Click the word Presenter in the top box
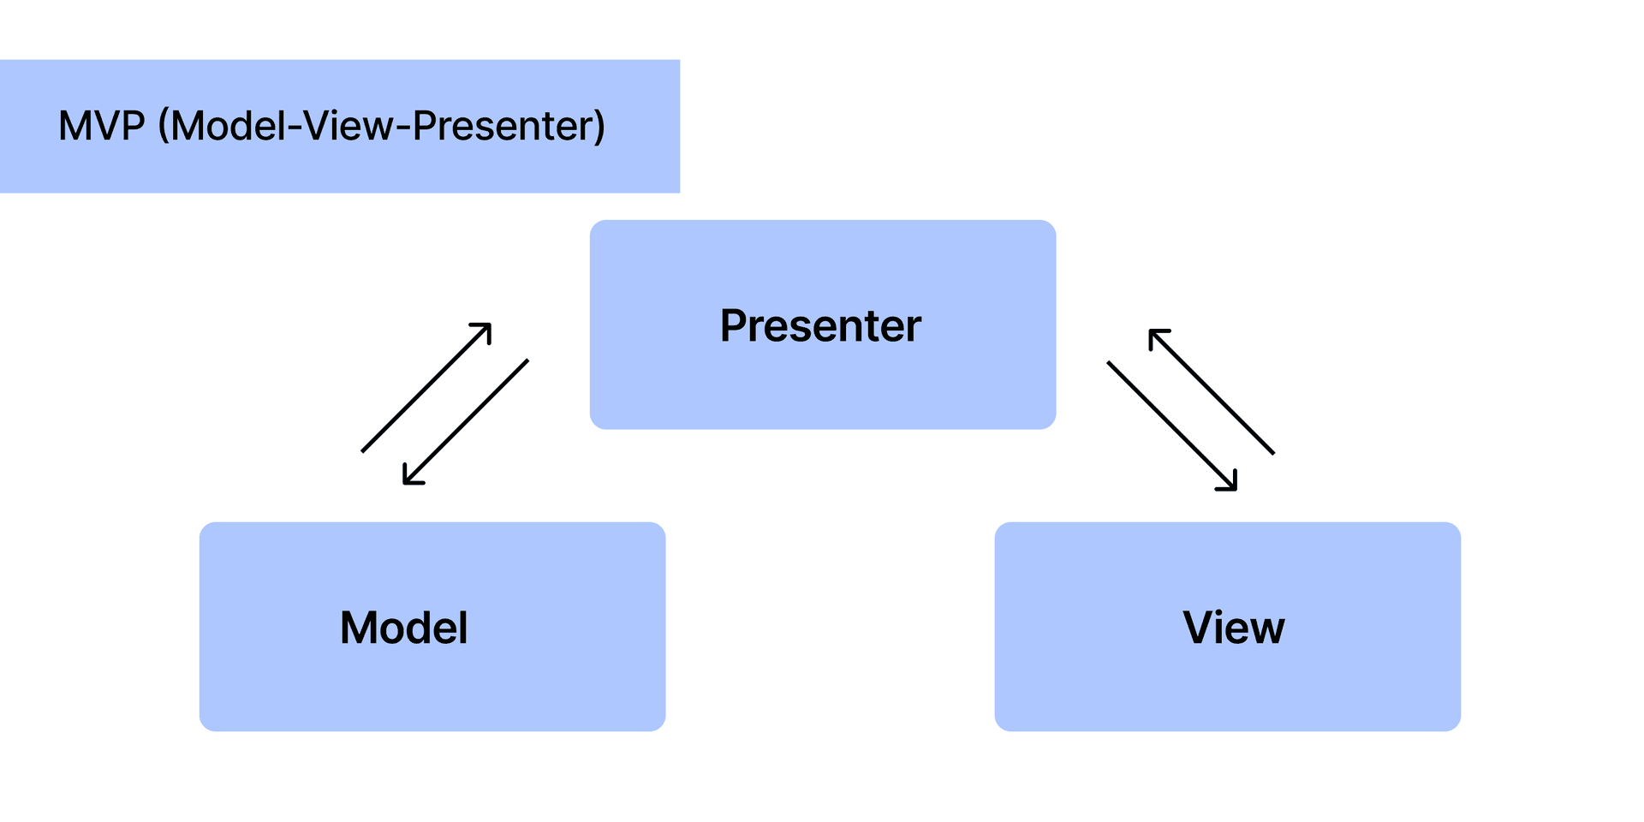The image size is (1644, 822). tap(820, 326)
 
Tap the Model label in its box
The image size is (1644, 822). tap(403, 628)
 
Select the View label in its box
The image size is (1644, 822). tap(1233, 628)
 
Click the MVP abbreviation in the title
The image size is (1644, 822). tap(101, 127)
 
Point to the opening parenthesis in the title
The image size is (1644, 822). tap(164, 127)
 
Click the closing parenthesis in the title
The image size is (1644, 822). tap(600, 127)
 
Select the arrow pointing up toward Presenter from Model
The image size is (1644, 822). tap(426, 388)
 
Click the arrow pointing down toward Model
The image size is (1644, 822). tap(466, 422)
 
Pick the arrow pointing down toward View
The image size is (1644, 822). tap(1171, 426)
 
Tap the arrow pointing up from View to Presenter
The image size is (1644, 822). tap(1212, 391)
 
